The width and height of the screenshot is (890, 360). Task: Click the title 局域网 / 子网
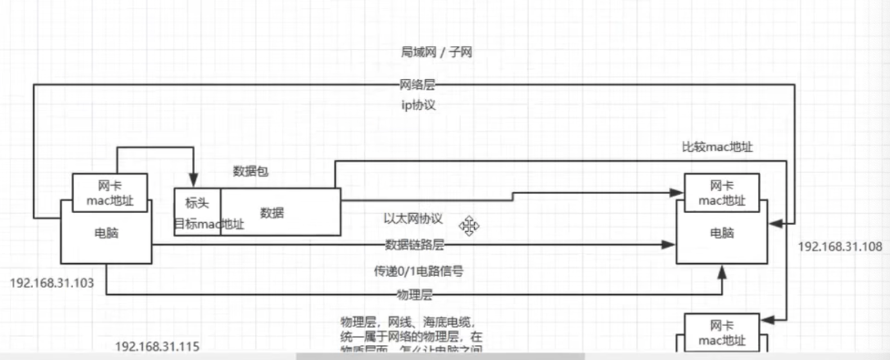436,52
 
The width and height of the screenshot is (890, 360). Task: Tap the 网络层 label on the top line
417,85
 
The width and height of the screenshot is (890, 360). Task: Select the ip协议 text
418,105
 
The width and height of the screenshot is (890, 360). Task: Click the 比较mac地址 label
717,147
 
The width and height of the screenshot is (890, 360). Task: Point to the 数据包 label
250,171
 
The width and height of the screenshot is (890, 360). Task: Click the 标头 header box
197,202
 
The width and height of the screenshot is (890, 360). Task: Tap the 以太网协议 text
413,219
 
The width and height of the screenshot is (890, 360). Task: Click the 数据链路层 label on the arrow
414,245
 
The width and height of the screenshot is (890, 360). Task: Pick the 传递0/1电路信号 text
418,271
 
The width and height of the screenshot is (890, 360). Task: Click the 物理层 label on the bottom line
414,294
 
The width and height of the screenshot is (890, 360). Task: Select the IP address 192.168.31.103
52,283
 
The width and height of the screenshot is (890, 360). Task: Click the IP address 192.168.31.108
840,246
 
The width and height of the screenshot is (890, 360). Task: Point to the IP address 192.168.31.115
157,346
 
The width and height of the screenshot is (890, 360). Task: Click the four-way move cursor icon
469,226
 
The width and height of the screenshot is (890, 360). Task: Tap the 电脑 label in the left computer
106,233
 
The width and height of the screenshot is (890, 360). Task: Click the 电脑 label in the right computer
721,233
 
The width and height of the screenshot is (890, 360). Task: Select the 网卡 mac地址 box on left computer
110,193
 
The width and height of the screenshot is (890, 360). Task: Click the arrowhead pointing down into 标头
193,181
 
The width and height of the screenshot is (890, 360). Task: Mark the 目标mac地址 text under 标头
209,224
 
